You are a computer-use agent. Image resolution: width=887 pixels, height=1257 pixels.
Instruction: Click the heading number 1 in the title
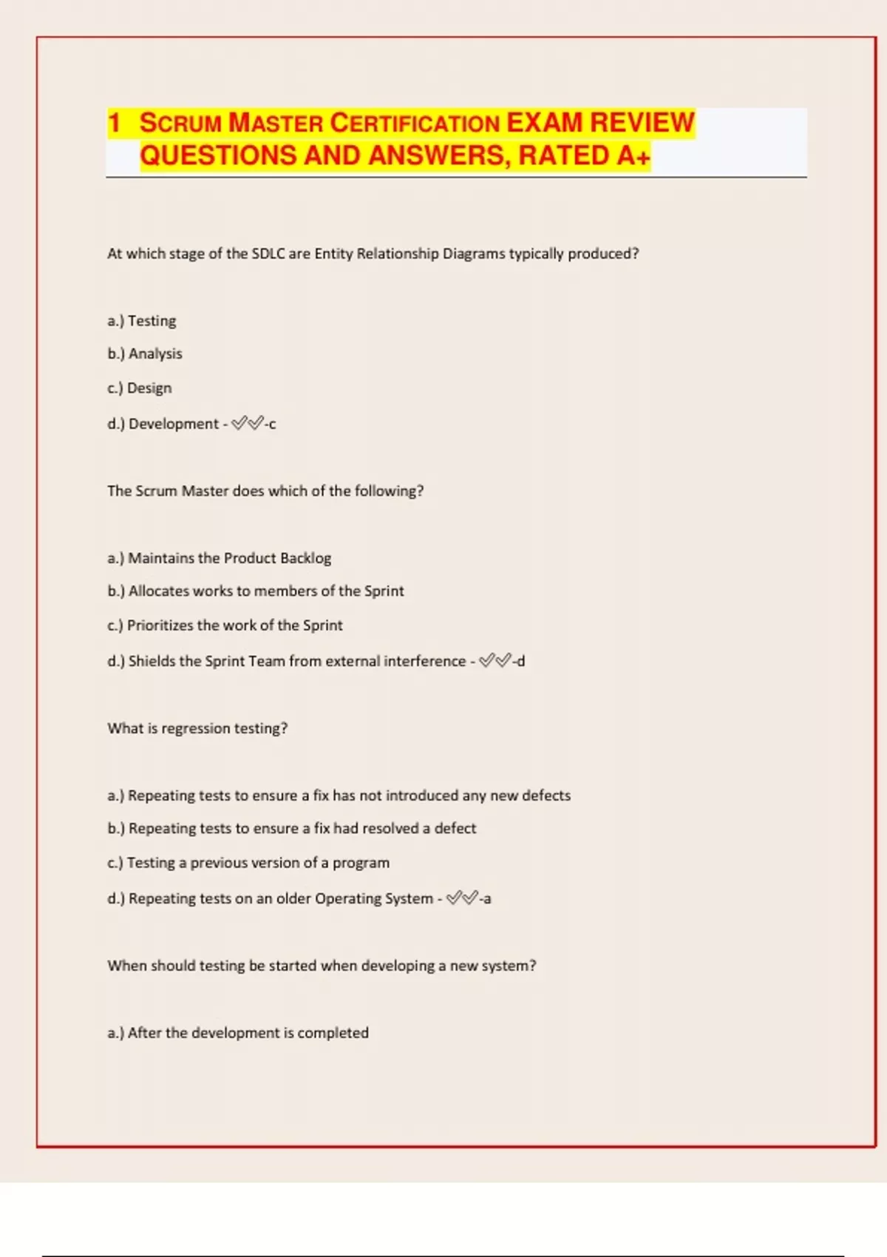click(x=114, y=123)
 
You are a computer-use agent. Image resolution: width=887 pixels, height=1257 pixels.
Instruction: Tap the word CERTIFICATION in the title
click(x=414, y=123)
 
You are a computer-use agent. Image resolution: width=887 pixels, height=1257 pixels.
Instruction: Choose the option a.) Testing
click(x=142, y=321)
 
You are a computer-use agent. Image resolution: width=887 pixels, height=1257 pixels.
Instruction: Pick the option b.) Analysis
click(x=145, y=353)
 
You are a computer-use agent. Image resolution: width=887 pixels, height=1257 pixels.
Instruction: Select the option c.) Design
click(x=140, y=388)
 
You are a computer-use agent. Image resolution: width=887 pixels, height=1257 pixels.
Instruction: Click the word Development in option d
click(x=174, y=424)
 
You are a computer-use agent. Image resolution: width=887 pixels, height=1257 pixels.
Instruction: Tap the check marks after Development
click(x=247, y=424)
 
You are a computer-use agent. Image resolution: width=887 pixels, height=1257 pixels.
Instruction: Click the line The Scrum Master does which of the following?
click(x=265, y=491)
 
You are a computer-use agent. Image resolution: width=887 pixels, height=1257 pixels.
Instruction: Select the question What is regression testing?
click(x=197, y=728)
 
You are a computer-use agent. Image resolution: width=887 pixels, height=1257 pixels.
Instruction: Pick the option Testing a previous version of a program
click(x=248, y=863)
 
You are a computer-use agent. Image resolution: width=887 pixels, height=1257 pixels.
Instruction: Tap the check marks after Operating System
click(x=462, y=898)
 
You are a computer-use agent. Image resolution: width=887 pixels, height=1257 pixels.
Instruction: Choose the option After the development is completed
click(x=238, y=1033)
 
